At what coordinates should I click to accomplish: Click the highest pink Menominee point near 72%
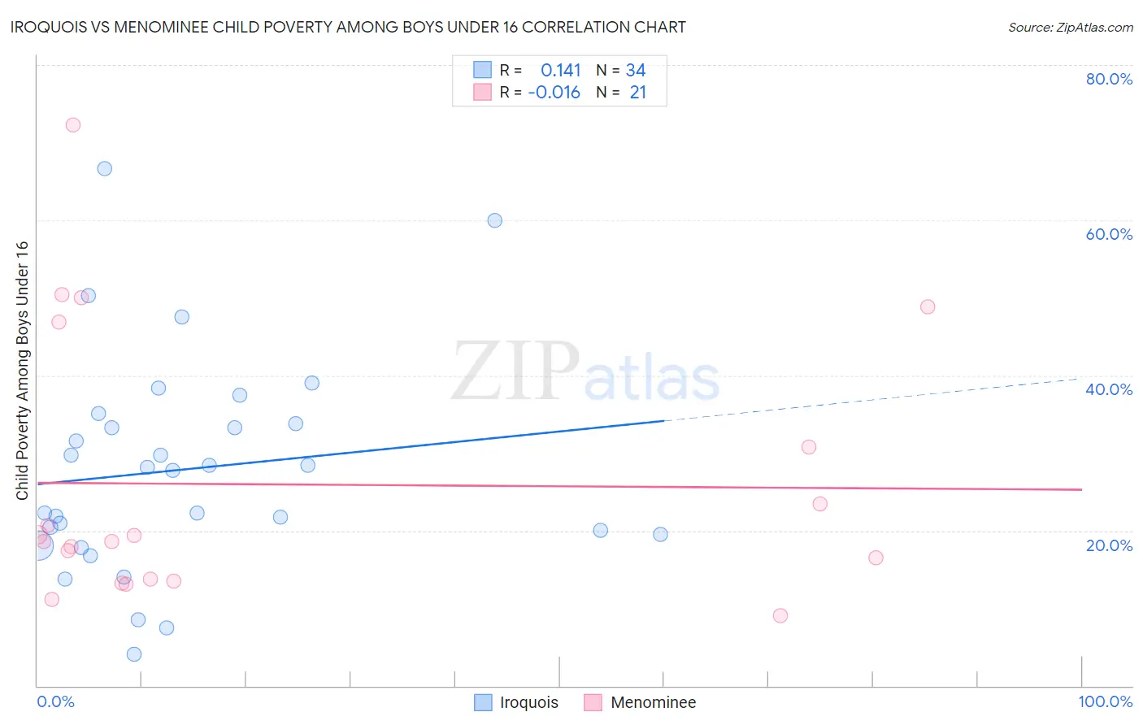tap(73, 125)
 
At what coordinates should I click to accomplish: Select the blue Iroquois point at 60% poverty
tap(494, 220)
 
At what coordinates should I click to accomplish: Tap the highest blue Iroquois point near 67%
tap(105, 169)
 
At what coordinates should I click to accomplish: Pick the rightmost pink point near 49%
tap(928, 307)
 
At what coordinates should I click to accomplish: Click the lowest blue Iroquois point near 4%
tap(134, 654)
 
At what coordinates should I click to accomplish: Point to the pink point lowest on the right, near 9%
tap(780, 615)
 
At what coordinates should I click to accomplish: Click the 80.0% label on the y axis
tap(1109, 79)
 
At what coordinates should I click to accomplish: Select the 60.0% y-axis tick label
tap(1109, 234)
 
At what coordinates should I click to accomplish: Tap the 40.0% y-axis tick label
tap(1109, 389)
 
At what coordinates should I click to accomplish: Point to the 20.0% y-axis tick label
tap(1109, 545)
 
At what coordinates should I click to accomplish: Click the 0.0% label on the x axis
tap(55, 701)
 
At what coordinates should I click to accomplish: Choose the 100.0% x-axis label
tap(1105, 701)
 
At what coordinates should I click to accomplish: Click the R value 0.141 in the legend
tap(561, 71)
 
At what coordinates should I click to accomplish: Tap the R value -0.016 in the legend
tap(554, 93)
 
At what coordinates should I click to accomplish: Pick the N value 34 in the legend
tap(636, 71)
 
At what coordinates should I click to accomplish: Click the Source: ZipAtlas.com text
tap(1070, 28)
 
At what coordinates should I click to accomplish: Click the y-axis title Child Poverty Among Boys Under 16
tap(23, 371)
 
